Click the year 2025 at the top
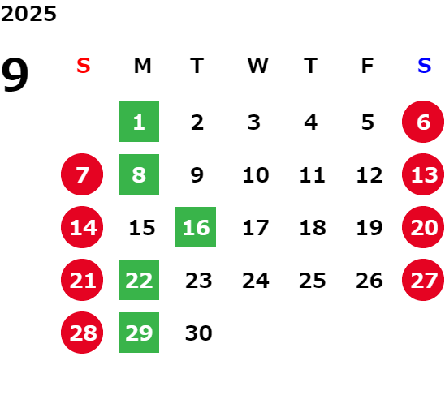pos(28,14)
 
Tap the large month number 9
pos(15,75)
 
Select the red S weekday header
pos(84,66)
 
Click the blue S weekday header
pos(425,66)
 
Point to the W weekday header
pos(257,66)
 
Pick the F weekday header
pos(368,66)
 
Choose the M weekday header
pos(142,66)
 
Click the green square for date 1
pos(139,122)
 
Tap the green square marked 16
pos(196,227)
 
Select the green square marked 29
pos(139,333)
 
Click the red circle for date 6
pos(423,122)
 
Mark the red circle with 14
pos(82,227)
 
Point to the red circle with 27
pos(423,280)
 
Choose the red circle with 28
pos(82,333)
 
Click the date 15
pos(142,227)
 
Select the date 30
pos(199,333)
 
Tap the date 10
pos(256,174)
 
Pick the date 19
pos(369,227)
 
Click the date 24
pos(256,280)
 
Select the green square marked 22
pos(139,280)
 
